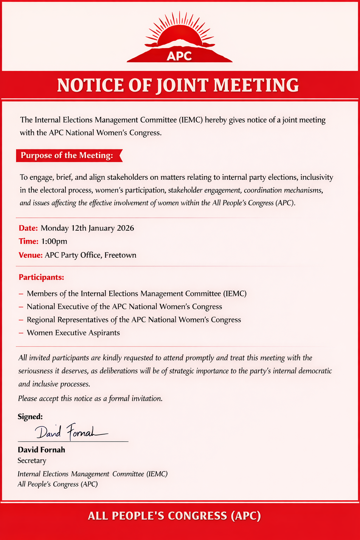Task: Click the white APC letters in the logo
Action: (x=179, y=56)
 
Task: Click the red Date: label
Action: (x=28, y=228)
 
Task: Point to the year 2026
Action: (x=125, y=228)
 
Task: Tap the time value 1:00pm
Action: (x=54, y=242)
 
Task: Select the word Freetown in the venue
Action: (x=120, y=255)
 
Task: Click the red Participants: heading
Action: (x=41, y=277)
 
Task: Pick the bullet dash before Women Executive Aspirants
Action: (x=21, y=333)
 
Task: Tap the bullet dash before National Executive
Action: (x=21, y=307)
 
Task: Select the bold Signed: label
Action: (x=30, y=417)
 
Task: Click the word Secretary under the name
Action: (x=32, y=461)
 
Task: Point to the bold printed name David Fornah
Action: (x=41, y=450)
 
